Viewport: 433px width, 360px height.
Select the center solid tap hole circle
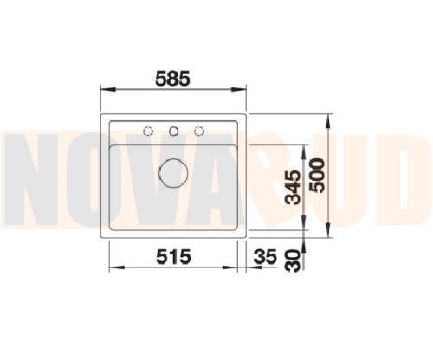(174, 131)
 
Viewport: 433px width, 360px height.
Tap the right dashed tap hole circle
(199, 131)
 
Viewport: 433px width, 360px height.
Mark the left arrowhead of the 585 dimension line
(105, 89)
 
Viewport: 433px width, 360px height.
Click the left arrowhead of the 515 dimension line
(113, 269)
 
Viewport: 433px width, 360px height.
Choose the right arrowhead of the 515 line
(234, 269)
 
